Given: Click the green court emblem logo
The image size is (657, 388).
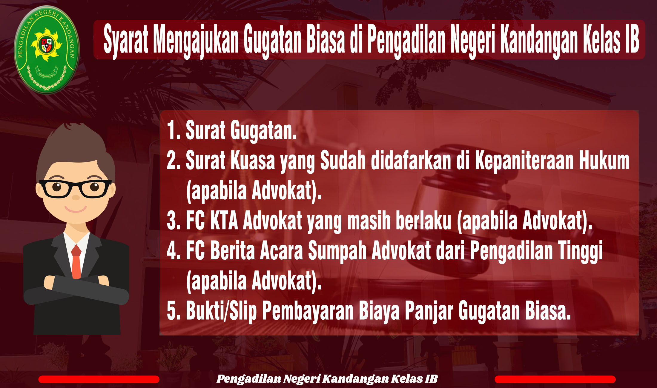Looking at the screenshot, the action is click(x=47, y=50).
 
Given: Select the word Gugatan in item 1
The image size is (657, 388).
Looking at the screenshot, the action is click(x=264, y=131).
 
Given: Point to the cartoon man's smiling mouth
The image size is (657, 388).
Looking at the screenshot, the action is click(x=76, y=209).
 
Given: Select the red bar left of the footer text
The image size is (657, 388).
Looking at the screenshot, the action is click(x=99, y=379).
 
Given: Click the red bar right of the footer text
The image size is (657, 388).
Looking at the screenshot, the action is click(x=555, y=379).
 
